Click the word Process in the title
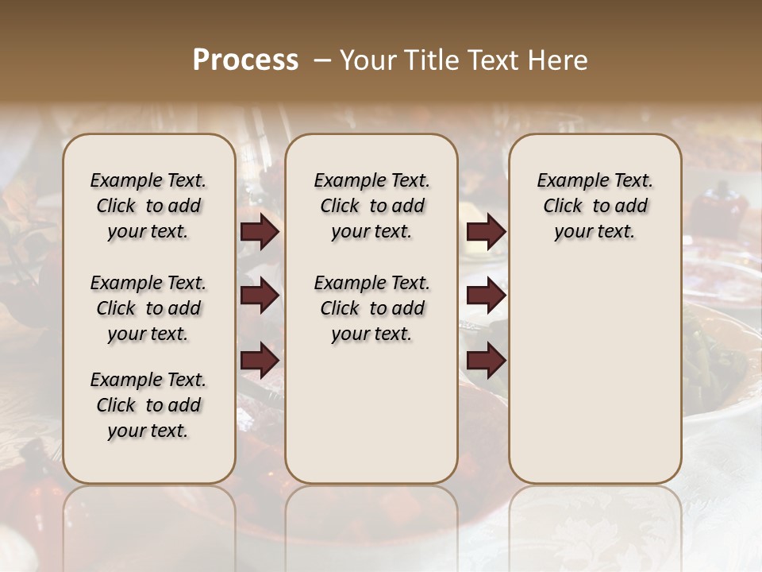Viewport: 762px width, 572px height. pyautogui.click(x=245, y=60)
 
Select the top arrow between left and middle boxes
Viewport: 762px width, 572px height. pyautogui.click(x=260, y=232)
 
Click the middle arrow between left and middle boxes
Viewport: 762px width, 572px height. pyautogui.click(x=260, y=296)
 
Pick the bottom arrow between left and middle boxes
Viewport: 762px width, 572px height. pyautogui.click(x=260, y=360)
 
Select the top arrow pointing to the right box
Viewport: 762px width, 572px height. pyautogui.click(x=486, y=232)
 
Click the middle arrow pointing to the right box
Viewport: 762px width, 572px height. pyautogui.click(x=486, y=296)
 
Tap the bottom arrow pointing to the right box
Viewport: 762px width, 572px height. pyautogui.click(x=486, y=360)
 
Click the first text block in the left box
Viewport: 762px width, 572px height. pyautogui.click(x=148, y=206)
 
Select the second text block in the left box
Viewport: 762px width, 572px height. pyautogui.click(x=148, y=308)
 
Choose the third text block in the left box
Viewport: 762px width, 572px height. pyautogui.click(x=148, y=405)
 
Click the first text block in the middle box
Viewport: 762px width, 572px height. pyautogui.click(x=371, y=206)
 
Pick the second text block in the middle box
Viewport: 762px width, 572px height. pyautogui.click(x=371, y=308)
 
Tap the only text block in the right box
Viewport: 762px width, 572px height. pyautogui.click(x=595, y=206)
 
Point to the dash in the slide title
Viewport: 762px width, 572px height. pyautogui.click(x=322, y=60)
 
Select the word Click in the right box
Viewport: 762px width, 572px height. pyautogui.click(x=563, y=206)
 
